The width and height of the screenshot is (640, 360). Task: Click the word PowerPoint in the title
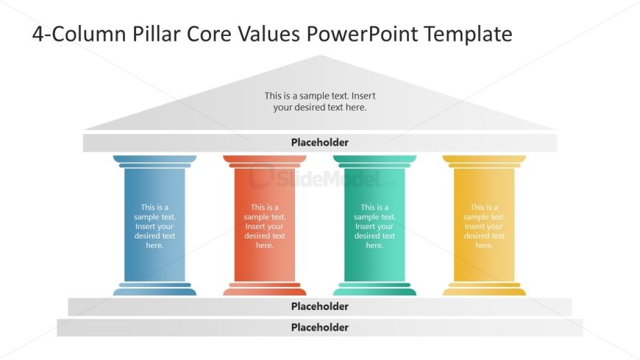(362, 34)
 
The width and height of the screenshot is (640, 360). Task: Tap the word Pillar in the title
(156, 34)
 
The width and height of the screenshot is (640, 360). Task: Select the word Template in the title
(468, 34)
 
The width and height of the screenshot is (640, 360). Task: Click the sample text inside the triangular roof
(319, 102)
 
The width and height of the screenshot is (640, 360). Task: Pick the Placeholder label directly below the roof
(319, 142)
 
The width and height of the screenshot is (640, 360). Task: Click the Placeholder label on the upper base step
(319, 306)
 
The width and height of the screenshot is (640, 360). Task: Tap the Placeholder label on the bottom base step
(319, 328)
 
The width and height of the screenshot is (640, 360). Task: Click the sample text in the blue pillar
(154, 226)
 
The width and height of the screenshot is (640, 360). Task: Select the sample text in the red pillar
(265, 226)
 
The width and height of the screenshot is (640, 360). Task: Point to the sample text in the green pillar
(374, 226)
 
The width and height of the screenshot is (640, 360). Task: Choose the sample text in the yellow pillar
(484, 226)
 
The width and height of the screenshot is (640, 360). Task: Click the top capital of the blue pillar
(154, 161)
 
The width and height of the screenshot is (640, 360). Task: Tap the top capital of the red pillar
(265, 161)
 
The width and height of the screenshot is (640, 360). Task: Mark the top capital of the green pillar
(374, 161)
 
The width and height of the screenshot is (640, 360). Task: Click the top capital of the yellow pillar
(484, 161)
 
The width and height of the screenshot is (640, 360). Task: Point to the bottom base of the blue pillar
(154, 289)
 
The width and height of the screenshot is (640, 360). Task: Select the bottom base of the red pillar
(265, 289)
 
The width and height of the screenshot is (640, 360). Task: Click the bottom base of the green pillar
(374, 289)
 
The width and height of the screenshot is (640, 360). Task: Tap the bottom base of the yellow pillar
(484, 289)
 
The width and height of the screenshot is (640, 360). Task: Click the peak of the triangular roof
(319, 55)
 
